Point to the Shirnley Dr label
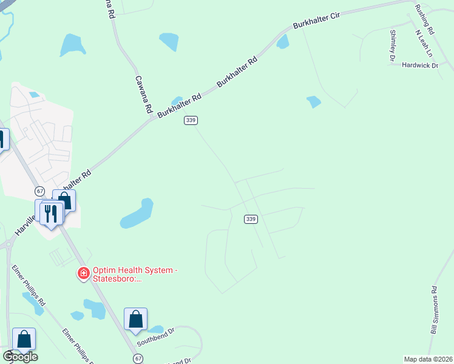393,46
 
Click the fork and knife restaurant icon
51,213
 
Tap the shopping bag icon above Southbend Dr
136,319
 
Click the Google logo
20,357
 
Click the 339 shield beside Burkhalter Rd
191,121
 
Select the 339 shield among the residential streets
251,219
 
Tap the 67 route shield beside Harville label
40,190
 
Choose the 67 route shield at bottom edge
139,359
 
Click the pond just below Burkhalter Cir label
283,41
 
